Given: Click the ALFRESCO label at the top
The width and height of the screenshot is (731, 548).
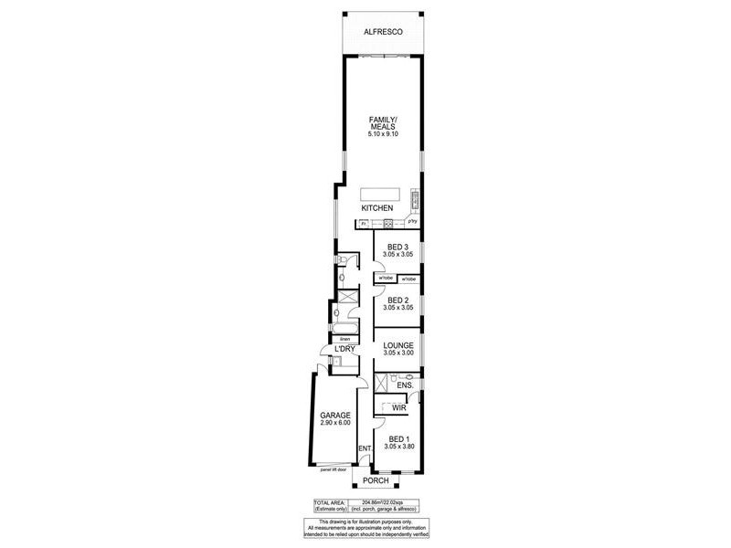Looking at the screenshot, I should (x=383, y=32).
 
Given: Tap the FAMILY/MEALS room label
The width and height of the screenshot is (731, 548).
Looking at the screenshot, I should (x=383, y=123).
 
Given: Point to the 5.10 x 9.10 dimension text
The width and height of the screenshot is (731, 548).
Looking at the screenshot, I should (x=383, y=135).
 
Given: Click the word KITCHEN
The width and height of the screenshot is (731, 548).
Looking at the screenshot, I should (x=376, y=208).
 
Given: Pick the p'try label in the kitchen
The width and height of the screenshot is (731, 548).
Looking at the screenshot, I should (x=413, y=222).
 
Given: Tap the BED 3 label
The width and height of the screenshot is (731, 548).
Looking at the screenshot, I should (x=397, y=247).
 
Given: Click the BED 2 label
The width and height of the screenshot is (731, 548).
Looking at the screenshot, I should (x=397, y=300).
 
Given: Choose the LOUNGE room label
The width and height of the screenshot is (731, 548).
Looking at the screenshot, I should (x=397, y=345).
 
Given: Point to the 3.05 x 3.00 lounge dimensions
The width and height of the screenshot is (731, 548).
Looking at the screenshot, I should (x=397, y=355).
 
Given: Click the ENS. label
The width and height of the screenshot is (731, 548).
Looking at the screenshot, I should (x=406, y=385).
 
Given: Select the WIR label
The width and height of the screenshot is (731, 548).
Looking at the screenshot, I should (x=398, y=408).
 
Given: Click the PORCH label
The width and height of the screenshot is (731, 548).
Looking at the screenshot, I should (x=376, y=480).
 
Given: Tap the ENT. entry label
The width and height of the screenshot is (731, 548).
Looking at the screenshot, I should (x=365, y=448).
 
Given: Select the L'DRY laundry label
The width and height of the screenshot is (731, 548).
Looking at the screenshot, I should (x=344, y=350).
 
